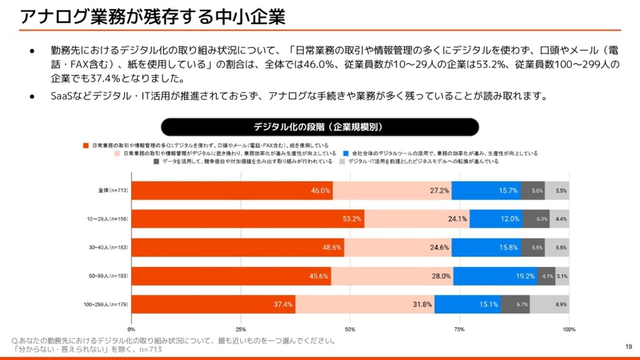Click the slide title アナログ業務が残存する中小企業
click(x=153, y=17)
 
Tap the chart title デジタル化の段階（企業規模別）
click(x=319, y=127)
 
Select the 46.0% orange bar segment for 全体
click(x=232, y=191)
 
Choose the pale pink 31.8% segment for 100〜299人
click(x=365, y=304)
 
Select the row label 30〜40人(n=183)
click(x=107, y=247)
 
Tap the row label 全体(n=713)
click(x=113, y=191)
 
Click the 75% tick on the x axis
click(x=459, y=329)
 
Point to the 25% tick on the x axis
click(x=241, y=329)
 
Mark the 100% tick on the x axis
click(x=569, y=329)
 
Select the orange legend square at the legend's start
click(x=86, y=145)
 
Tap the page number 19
click(x=629, y=346)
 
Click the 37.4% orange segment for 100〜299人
click(x=213, y=304)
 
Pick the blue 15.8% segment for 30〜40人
click(x=487, y=247)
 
